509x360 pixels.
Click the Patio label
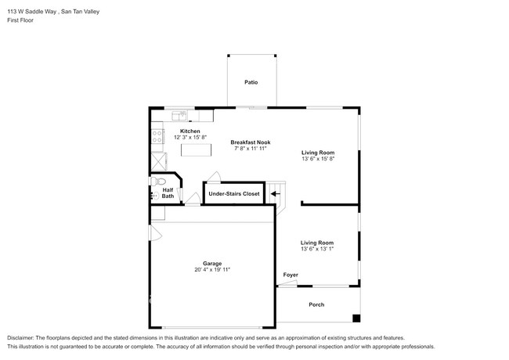click(x=251, y=82)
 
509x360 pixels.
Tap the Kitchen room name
click(x=190, y=131)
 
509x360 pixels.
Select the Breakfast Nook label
click(x=250, y=142)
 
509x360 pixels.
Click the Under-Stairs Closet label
click(x=233, y=193)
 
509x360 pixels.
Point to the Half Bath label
click(x=168, y=193)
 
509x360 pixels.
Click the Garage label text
click(x=212, y=263)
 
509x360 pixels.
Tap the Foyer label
click(x=291, y=275)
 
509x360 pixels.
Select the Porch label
click(x=316, y=304)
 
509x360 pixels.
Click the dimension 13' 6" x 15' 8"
click(x=318, y=159)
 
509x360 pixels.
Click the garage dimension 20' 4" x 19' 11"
click(x=212, y=270)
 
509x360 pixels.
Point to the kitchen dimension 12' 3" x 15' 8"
click(x=190, y=137)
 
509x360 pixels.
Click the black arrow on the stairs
click(x=274, y=193)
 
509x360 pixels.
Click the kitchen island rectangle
click(x=192, y=149)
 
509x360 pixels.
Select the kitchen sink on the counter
click(x=179, y=114)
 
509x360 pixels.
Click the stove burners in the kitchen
click(x=155, y=138)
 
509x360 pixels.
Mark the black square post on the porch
click(x=356, y=319)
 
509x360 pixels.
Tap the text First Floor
click(x=22, y=21)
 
